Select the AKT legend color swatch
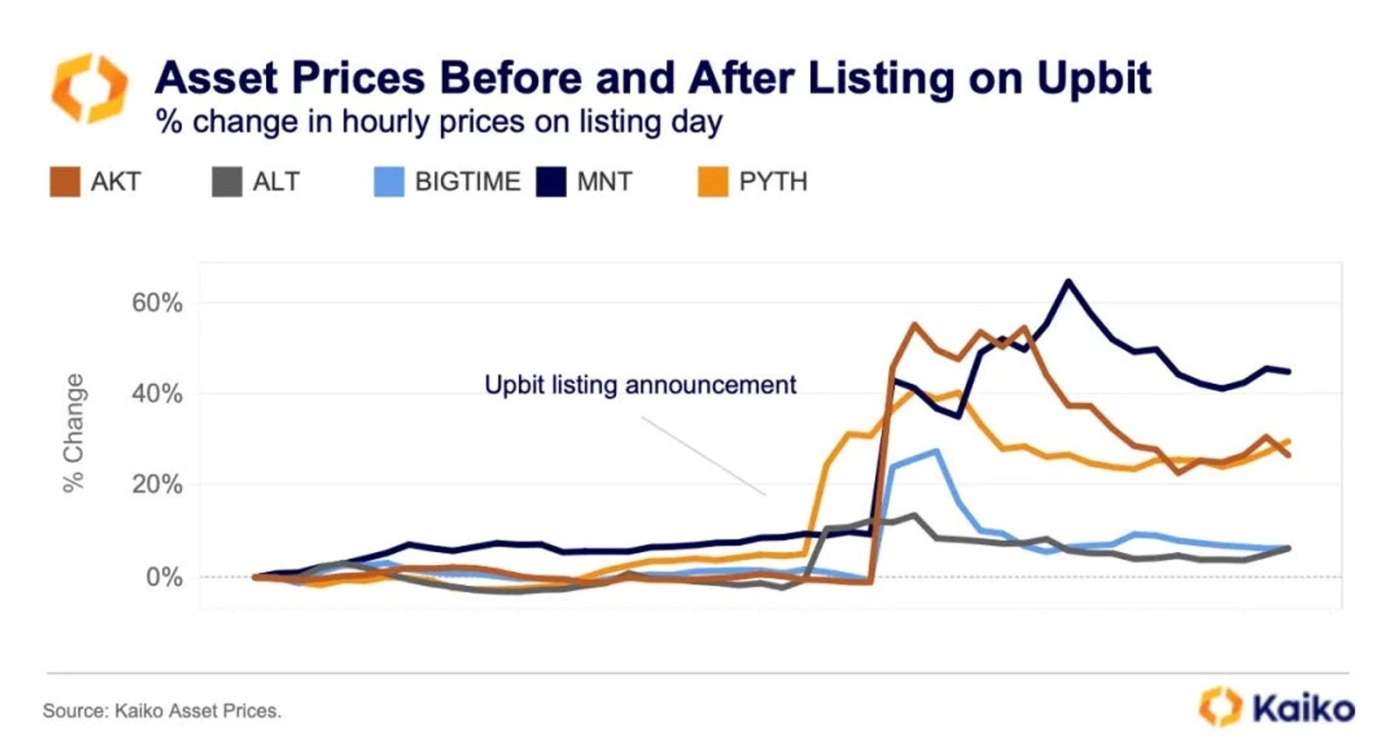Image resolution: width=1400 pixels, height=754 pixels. coord(65,182)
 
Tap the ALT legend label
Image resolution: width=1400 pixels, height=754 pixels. coord(276,182)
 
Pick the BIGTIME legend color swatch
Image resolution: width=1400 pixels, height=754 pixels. coord(389,182)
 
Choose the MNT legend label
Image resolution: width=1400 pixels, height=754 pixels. coord(604,182)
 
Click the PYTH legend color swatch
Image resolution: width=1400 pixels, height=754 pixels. coord(712,182)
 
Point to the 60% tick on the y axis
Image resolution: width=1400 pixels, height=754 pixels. coord(157,302)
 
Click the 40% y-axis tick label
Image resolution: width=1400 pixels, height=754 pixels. coord(157,393)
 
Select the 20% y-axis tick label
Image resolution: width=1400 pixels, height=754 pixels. coord(157,484)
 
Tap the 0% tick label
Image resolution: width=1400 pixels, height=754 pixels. coord(164,577)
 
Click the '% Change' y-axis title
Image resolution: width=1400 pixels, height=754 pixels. coord(74,432)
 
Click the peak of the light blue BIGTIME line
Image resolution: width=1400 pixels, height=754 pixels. coord(936,450)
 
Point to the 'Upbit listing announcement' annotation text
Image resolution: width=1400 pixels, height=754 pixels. coord(640,385)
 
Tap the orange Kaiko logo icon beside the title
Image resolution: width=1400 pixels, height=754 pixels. coord(89,88)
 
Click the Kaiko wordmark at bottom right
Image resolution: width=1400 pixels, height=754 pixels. coord(1304,708)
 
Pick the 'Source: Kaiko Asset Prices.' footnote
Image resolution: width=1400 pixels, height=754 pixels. coord(162,710)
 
